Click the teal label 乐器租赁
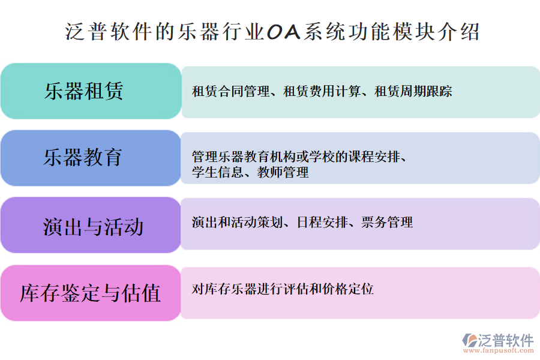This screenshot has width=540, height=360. (84, 91)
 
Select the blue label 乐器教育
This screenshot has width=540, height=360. (83, 157)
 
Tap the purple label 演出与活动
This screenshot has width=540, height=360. (93, 227)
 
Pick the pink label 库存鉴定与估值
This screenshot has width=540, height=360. (91, 293)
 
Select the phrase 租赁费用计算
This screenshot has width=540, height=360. (322, 92)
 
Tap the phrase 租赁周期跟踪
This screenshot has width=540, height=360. (413, 92)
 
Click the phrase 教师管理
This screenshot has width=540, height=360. (283, 173)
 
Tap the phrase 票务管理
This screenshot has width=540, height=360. (388, 223)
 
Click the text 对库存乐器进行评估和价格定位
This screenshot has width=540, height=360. (283, 289)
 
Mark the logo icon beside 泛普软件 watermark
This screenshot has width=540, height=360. (469, 340)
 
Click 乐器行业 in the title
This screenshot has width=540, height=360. (218, 31)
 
